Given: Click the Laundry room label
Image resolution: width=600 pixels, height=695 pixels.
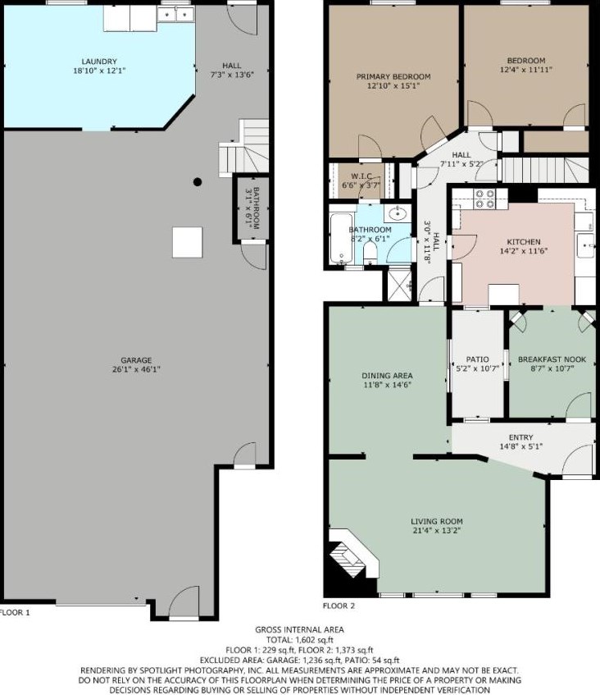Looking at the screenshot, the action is [99, 62].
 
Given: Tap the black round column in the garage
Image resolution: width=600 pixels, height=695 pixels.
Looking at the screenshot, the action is [198, 181].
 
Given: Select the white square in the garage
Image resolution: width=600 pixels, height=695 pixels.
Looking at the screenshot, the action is [188, 242].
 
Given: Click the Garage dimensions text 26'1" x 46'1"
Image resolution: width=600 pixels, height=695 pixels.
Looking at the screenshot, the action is [136, 369].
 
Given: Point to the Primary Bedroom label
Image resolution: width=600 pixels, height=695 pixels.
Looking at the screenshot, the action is [393, 76].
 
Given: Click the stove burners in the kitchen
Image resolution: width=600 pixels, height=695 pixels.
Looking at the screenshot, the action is [484, 199].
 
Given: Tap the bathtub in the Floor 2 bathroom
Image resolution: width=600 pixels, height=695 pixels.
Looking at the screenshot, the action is [342, 239].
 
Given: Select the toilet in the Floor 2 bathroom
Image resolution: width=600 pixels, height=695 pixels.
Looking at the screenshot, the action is [370, 254].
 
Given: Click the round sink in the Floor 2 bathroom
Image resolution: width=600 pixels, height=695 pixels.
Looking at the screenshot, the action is [398, 214].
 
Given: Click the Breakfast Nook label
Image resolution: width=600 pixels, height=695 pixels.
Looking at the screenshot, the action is [552, 359].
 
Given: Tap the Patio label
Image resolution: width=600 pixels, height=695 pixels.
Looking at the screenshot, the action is [477, 359].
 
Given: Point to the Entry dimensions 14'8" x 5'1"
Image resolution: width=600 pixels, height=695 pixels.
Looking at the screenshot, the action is [521, 446].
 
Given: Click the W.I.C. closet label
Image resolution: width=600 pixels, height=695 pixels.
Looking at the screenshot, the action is [361, 176].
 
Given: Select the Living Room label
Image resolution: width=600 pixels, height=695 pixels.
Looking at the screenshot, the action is [437, 522].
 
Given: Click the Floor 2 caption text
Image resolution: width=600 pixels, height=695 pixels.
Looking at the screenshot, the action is [339, 606].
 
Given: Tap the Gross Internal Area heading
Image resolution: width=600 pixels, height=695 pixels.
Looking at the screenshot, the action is [299, 629].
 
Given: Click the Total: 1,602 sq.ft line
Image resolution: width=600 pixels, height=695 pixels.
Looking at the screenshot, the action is [299, 640].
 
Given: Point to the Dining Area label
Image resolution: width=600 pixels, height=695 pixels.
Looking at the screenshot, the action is [388, 376].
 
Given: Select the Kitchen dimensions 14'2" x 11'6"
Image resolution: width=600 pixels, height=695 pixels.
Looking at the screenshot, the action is [524, 251].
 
